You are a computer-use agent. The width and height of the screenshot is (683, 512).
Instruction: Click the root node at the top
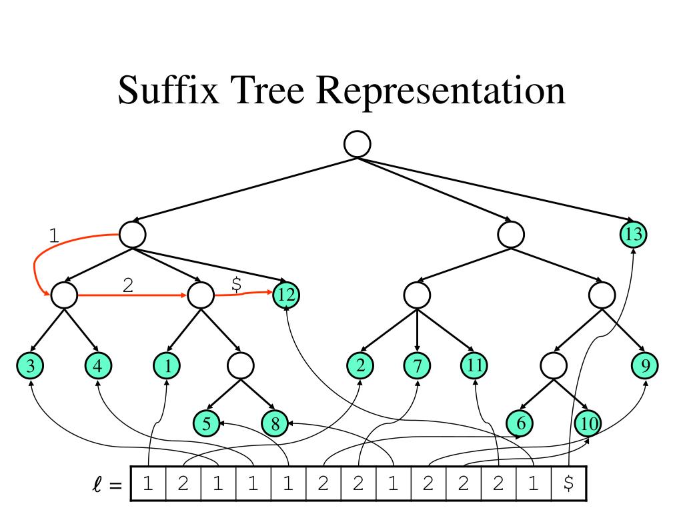tap(357, 144)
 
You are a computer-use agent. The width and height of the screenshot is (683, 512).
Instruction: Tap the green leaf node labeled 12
tap(286, 295)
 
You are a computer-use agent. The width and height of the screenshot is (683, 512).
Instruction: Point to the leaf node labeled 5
tap(206, 422)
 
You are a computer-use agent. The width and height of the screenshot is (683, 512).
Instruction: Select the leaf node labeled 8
tap(275, 422)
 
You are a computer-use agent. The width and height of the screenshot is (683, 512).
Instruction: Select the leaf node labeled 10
tap(588, 422)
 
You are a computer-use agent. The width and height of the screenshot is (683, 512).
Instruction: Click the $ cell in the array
tap(569, 484)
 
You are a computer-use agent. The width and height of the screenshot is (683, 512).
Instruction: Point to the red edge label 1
tap(55, 235)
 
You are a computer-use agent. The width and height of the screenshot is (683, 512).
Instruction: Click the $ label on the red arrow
tap(236, 283)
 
